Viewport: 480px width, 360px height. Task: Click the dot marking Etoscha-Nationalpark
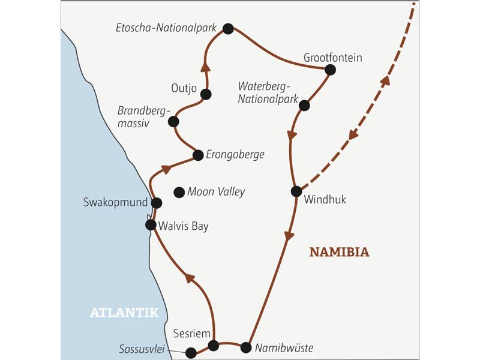pos(227,28)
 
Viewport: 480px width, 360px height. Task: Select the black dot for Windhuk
pos(296,191)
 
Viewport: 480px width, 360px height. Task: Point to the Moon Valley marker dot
pos(178,192)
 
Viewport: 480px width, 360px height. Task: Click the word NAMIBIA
pos(339,253)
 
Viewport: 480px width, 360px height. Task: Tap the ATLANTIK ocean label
pos(124,312)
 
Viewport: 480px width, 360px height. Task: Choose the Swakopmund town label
pos(115,203)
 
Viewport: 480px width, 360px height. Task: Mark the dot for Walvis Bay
pos(151,225)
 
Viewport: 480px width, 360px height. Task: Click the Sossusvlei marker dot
pos(191,352)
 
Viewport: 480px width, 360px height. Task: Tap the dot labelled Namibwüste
pos(245,347)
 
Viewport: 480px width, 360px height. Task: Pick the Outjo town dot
pos(206,94)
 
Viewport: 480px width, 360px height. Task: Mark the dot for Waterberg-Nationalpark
pos(304,106)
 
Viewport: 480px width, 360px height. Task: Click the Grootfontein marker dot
pos(329,70)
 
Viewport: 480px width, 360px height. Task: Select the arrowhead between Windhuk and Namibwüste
pos(290,235)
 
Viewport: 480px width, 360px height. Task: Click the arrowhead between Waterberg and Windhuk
pos(292,136)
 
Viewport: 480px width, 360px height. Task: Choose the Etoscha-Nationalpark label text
pos(167,28)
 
